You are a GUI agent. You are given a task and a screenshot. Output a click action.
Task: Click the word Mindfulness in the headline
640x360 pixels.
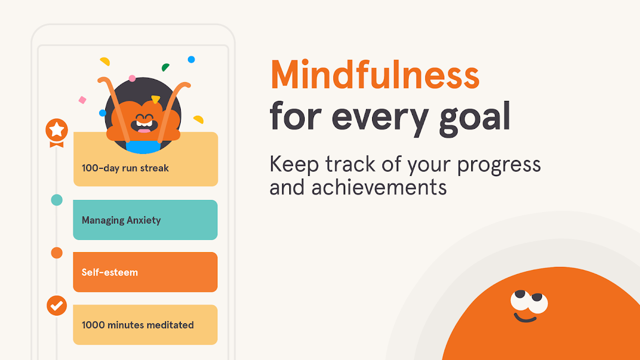click(x=375, y=75)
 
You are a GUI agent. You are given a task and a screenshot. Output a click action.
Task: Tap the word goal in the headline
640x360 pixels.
click(x=475, y=118)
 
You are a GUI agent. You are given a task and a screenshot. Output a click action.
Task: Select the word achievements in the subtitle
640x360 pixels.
click(x=379, y=187)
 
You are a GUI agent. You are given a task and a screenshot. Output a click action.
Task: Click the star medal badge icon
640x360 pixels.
click(x=56, y=133)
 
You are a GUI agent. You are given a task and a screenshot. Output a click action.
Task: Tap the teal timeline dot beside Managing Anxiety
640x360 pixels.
click(x=57, y=200)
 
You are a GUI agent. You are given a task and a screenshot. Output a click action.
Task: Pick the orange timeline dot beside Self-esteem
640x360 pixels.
click(x=57, y=253)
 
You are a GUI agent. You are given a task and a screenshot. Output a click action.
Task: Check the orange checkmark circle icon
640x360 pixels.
click(x=57, y=305)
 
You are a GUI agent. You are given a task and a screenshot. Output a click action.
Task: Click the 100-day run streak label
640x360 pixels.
click(x=125, y=168)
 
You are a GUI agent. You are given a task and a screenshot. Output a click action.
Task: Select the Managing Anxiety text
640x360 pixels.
click(x=121, y=220)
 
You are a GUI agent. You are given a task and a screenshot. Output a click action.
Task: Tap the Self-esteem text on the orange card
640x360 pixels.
click(x=110, y=272)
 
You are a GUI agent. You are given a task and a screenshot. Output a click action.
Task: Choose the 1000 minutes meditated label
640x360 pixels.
click(x=138, y=325)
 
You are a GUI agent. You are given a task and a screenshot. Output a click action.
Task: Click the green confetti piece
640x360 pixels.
click(x=165, y=67)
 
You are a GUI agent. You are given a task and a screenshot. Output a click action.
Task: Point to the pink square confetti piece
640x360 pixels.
click(x=82, y=100)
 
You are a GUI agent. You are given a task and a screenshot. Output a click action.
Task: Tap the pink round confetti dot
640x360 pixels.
click(x=132, y=78)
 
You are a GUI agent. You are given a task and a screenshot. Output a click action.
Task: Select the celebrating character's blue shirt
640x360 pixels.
click(x=143, y=147)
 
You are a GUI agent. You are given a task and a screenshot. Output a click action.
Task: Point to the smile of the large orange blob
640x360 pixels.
click(x=525, y=318)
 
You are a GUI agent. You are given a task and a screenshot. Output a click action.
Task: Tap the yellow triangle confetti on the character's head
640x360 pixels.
click(x=156, y=99)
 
